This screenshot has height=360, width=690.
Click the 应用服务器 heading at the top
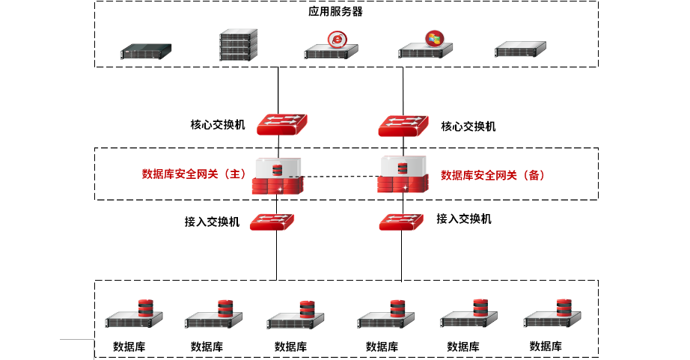[335, 11]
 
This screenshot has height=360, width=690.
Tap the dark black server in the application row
[146, 52]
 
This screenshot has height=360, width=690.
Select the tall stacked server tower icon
[239, 45]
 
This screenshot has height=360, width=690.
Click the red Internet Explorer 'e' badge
[337, 40]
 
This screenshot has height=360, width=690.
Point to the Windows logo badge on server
[435, 38]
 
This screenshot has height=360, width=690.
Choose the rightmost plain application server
[520, 49]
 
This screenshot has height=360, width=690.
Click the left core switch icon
[282, 124]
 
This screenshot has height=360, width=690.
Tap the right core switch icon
[403, 126]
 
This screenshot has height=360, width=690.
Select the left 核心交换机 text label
[217, 125]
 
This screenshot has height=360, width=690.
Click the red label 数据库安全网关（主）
[194, 174]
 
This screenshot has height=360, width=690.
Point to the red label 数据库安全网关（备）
[493, 175]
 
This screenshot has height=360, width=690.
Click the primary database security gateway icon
[278, 176]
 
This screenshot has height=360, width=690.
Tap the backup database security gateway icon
[403, 174]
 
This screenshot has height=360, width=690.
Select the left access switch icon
[272, 222]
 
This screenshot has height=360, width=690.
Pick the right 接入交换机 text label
[464, 219]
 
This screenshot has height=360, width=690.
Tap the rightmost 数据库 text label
[546, 347]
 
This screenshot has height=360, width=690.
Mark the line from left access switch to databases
[277, 255]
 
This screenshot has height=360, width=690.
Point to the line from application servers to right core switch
[403, 91]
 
